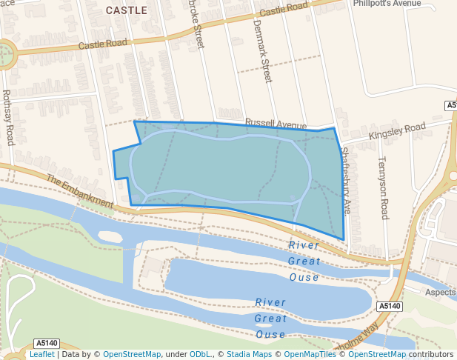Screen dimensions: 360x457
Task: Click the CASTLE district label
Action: pos(127,10)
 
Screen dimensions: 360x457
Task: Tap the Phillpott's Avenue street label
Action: pos(387,3)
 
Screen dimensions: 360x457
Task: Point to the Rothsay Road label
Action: pos(8,117)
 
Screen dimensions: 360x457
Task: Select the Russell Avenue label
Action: pos(276,124)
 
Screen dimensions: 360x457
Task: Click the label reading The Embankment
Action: pos(79,191)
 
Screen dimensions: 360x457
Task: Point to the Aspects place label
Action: pos(440,293)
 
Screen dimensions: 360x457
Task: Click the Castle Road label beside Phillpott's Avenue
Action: pos(284,10)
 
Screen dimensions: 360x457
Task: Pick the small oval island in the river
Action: pos(108,236)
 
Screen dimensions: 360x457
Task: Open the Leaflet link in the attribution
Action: pos(42,355)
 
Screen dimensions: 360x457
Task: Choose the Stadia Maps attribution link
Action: pos(249,355)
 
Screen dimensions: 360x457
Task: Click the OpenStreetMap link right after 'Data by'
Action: pos(132,355)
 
